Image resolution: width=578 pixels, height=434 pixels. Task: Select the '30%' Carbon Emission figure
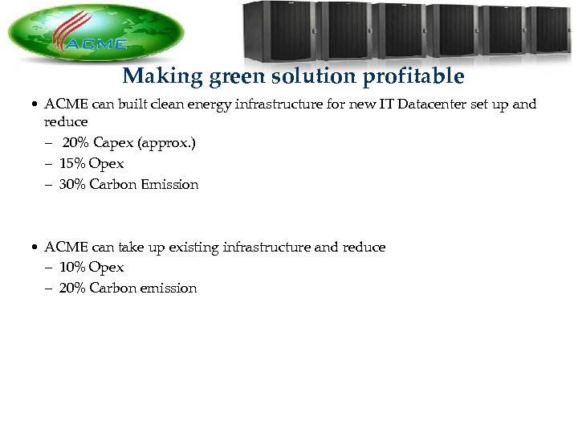[x=72, y=184]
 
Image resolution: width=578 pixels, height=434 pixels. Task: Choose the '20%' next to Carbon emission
[x=72, y=288]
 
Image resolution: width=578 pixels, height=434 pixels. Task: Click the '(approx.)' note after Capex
[x=165, y=143]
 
